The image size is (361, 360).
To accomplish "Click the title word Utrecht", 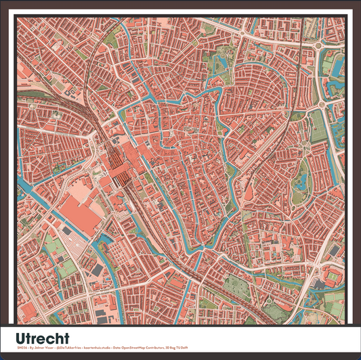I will (42, 337).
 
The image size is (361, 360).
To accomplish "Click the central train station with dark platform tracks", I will (121, 169).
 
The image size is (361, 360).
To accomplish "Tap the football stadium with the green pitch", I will (335, 277).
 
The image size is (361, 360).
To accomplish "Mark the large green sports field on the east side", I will (317, 125).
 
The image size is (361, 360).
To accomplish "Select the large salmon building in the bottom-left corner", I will (27, 311).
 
